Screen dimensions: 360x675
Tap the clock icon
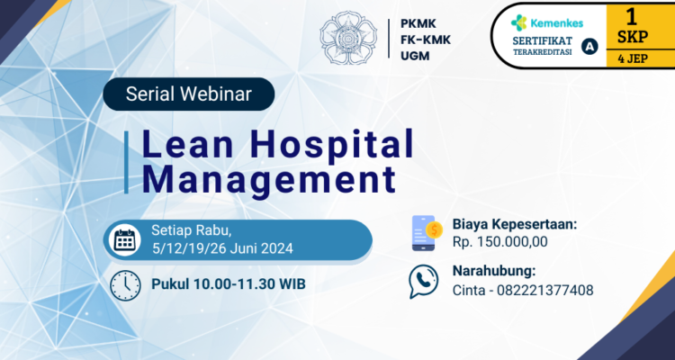click(x=124, y=284)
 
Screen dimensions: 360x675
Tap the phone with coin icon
click(x=425, y=232)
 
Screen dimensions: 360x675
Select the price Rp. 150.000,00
click(x=499, y=241)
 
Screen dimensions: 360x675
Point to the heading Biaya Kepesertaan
click(x=514, y=223)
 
